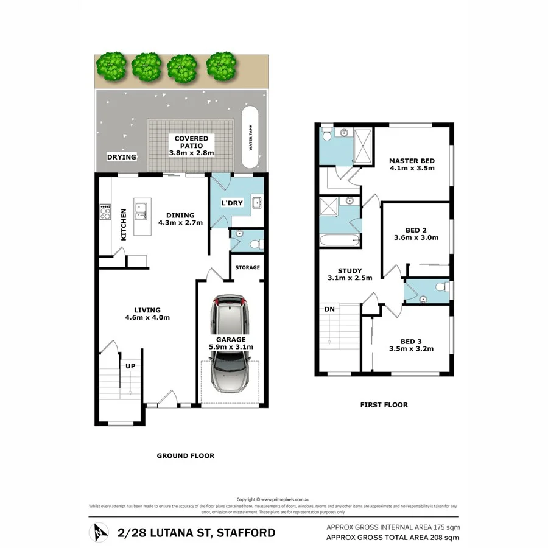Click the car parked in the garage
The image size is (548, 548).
coord(230,345)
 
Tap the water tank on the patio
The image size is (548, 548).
coord(250,138)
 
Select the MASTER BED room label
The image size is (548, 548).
coord(412,161)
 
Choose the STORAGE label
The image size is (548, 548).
coord(248,267)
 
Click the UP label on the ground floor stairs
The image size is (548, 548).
coord(130,366)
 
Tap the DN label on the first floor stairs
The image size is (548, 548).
coord(329,309)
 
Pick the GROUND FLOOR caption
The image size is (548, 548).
coord(185,455)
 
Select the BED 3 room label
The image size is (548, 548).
coord(411,341)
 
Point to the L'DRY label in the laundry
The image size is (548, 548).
coord(231,203)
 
